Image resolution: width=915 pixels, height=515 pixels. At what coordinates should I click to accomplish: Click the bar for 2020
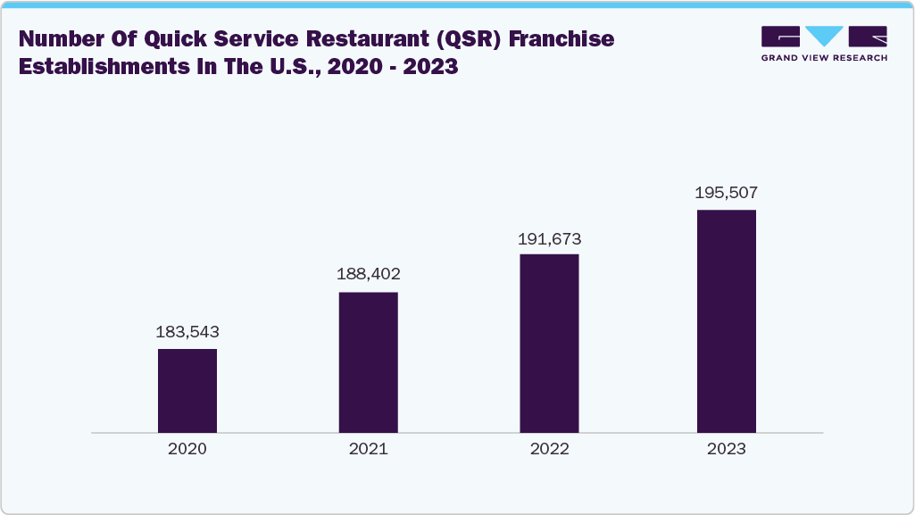(187, 390)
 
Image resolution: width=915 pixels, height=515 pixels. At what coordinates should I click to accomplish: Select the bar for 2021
(368, 361)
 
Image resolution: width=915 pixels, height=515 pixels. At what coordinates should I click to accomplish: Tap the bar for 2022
(549, 343)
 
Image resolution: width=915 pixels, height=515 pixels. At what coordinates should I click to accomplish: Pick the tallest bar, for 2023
(727, 321)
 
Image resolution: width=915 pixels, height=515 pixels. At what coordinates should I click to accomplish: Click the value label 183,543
(187, 332)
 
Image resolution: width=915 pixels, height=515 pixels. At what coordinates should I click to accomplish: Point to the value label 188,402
(368, 276)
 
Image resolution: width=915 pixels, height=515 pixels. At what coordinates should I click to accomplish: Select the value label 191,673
(549, 238)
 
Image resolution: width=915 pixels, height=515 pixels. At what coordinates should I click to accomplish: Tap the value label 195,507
(727, 193)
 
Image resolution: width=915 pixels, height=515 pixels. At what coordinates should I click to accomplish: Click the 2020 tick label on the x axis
(187, 449)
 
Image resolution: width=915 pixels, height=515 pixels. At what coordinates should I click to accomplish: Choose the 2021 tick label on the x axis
(368, 449)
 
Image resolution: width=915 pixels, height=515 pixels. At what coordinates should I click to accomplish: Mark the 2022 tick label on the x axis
(549, 449)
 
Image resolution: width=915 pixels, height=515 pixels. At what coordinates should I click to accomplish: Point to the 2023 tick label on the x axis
(727, 449)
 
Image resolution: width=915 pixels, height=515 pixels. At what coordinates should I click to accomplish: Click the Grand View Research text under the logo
(824, 58)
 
